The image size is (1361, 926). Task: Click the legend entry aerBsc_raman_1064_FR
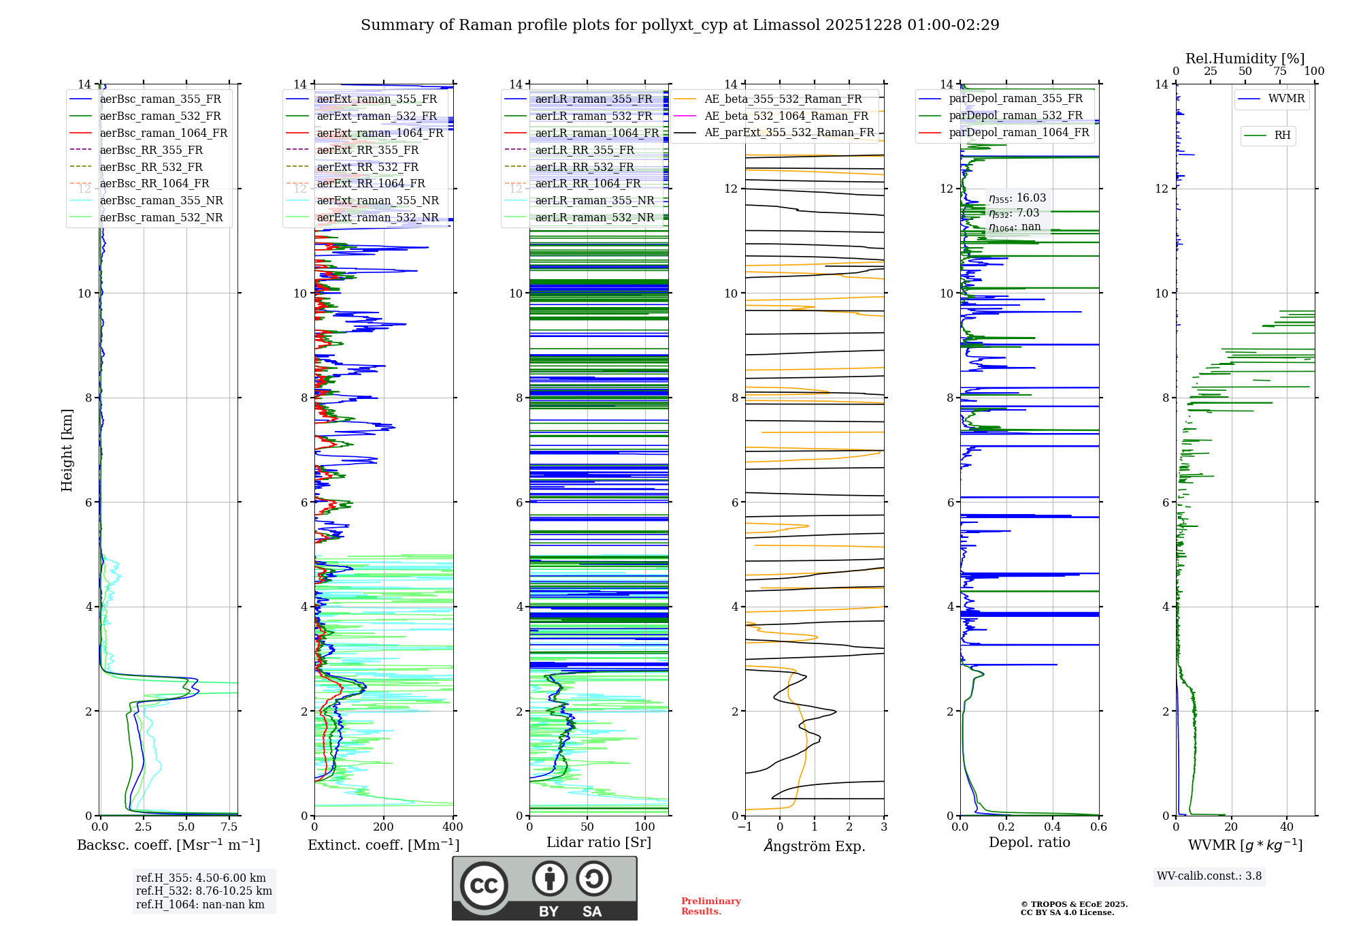[163, 133]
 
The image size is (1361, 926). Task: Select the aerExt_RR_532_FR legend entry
[367, 167]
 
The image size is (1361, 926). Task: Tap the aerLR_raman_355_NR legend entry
[594, 201]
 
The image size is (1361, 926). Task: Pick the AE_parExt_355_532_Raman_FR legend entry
[789, 133]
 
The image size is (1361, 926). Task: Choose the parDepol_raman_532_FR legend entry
[1015, 116]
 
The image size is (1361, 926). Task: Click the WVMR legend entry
[1286, 99]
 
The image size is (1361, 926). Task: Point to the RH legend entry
[1282, 135]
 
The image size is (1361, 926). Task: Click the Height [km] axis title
[67, 449]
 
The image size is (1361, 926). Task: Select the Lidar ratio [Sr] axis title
[599, 843]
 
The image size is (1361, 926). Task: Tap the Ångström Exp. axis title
[815, 846]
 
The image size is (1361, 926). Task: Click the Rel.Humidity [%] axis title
[1245, 59]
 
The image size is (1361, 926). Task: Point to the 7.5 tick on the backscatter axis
[229, 827]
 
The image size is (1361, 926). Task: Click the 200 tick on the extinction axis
[384, 827]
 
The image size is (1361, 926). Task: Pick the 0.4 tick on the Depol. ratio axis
[1053, 827]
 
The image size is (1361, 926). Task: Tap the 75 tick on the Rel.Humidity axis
[1280, 71]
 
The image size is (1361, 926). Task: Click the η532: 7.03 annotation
[1014, 213]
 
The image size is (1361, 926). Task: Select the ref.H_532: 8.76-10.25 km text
[203, 891]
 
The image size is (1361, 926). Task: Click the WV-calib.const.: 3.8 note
[1209, 876]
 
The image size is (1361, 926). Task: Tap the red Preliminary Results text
[710, 906]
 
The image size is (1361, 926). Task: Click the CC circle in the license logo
[484, 886]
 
